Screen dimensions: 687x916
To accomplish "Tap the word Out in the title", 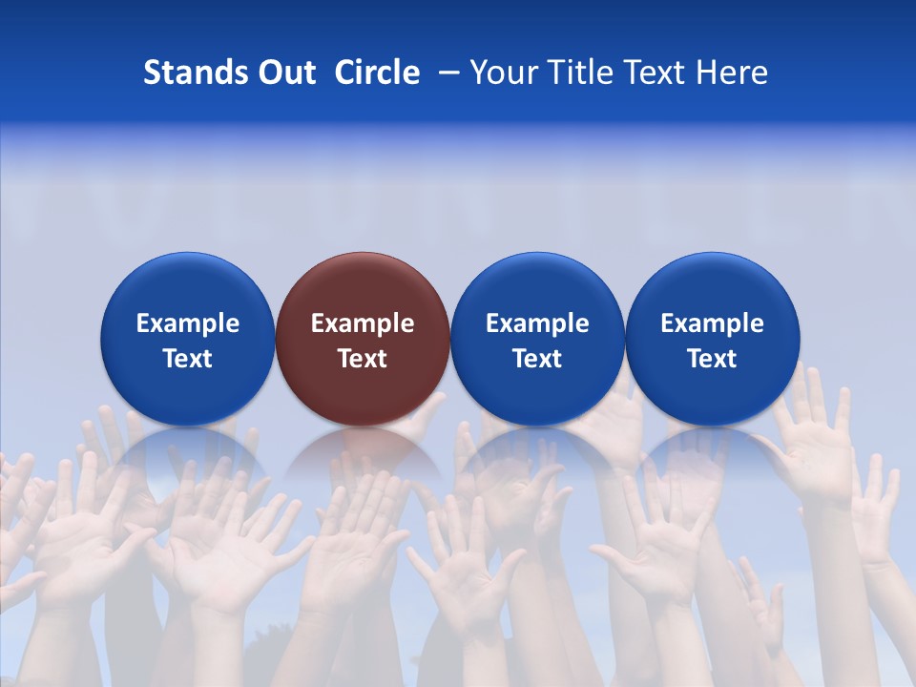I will point(284,73).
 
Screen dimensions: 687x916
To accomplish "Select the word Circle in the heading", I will point(377,73).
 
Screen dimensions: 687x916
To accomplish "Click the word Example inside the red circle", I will point(363,323).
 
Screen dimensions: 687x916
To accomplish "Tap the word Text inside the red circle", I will point(363,359).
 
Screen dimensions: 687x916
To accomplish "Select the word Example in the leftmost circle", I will point(188,323).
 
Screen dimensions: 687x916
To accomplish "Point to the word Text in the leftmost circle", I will point(188,359).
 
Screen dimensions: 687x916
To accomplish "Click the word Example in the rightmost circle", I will point(713,323).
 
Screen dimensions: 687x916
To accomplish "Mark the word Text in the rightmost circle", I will point(713,359).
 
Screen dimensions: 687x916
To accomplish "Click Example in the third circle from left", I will point(537,323).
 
